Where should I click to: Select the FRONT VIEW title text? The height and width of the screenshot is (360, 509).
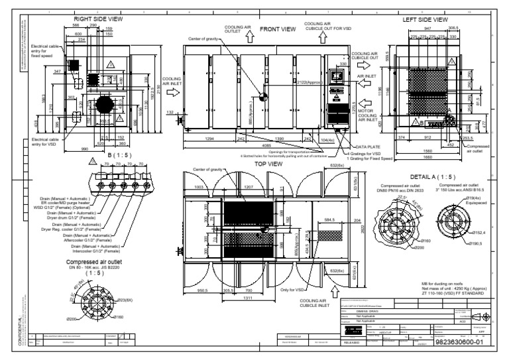[278, 30]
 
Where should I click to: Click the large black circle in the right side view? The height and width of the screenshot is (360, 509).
[105, 105]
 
